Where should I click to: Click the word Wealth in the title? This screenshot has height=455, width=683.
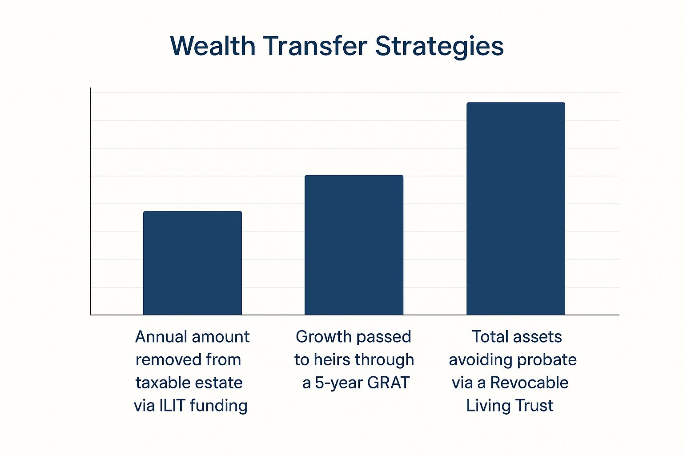213,46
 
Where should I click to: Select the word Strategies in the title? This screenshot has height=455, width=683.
439,47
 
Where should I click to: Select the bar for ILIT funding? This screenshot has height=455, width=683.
193,263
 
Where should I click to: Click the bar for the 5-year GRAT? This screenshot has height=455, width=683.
354,245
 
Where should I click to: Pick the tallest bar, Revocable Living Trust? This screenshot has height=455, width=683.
516,209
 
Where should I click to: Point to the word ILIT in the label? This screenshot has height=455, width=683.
172,406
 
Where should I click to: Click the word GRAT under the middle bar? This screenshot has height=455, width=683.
388,383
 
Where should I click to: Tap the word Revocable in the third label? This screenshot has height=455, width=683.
529,383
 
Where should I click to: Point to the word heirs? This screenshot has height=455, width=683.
332,360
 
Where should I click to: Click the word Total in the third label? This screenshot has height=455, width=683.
490,337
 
